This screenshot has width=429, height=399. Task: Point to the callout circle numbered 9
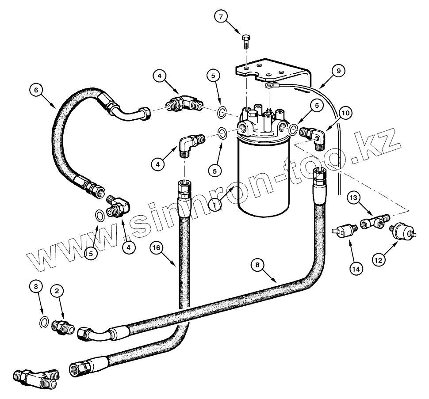click(338, 70)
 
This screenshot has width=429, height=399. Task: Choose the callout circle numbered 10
click(346, 113)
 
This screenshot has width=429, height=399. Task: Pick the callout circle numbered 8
click(258, 265)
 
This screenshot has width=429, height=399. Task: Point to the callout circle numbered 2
click(57, 291)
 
